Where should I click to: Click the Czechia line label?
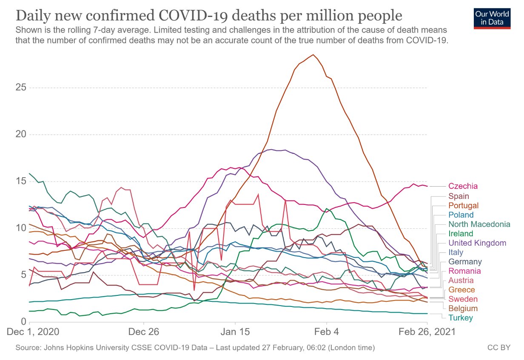463,186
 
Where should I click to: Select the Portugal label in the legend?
463,206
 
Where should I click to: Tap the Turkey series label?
460,318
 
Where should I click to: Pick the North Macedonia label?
478,224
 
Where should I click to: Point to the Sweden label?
463,299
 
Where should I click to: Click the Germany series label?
465,262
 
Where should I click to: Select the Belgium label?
463,309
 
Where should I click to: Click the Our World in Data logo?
492,17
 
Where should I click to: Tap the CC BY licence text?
498,348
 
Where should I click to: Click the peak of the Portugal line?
313,54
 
